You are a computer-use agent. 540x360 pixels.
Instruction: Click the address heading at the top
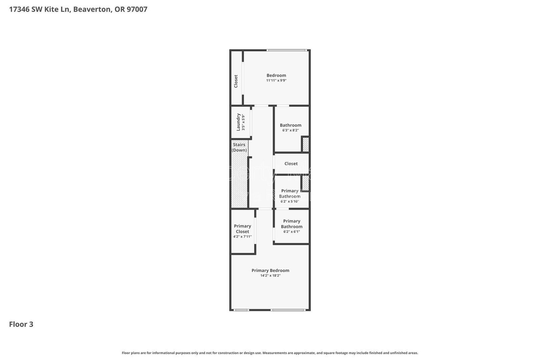coord(78,9)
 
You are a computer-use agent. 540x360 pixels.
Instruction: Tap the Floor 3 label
coord(21,324)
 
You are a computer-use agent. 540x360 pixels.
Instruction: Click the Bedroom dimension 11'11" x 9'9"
coord(276,81)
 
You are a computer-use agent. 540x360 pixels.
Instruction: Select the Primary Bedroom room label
coord(270,270)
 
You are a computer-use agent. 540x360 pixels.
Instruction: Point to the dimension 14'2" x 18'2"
coord(270,276)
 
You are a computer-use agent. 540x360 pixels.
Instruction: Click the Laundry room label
coord(238,122)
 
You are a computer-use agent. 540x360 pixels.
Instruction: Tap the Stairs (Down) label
coord(239,147)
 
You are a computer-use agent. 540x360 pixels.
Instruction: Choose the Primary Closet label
coord(242,229)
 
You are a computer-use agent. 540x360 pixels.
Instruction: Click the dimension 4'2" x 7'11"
coord(242,237)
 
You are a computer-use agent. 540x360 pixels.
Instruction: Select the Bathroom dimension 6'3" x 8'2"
coord(290,130)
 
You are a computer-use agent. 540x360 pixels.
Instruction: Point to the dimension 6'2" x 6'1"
coord(292,232)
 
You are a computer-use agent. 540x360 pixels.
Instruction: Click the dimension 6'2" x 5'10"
coord(290,201)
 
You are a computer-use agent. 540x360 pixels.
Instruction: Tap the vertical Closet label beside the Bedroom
coord(236,81)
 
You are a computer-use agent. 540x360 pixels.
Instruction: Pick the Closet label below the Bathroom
coord(291,164)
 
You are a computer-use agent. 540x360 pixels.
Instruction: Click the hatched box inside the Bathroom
coord(305,144)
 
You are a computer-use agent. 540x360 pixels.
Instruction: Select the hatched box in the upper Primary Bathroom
coord(305,184)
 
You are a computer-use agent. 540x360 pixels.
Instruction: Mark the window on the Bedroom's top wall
coord(287,51)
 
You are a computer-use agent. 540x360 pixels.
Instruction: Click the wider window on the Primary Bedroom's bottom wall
coord(288,310)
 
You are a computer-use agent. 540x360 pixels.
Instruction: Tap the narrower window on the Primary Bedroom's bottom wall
coord(241,310)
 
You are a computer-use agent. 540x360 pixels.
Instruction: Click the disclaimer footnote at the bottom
coord(270,353)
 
